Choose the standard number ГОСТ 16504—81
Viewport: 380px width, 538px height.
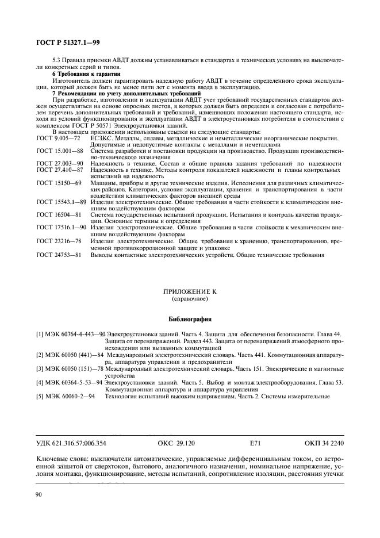(x=58, y=214)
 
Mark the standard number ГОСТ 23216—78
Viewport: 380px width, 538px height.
(x=58, y=240)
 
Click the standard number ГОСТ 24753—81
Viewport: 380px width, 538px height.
(x=58, y=253)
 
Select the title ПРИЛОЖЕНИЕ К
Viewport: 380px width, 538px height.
(x=189, y=292)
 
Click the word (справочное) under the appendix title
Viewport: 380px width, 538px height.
(x=189, y=299)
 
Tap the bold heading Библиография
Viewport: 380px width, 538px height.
(x=189, y=318)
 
